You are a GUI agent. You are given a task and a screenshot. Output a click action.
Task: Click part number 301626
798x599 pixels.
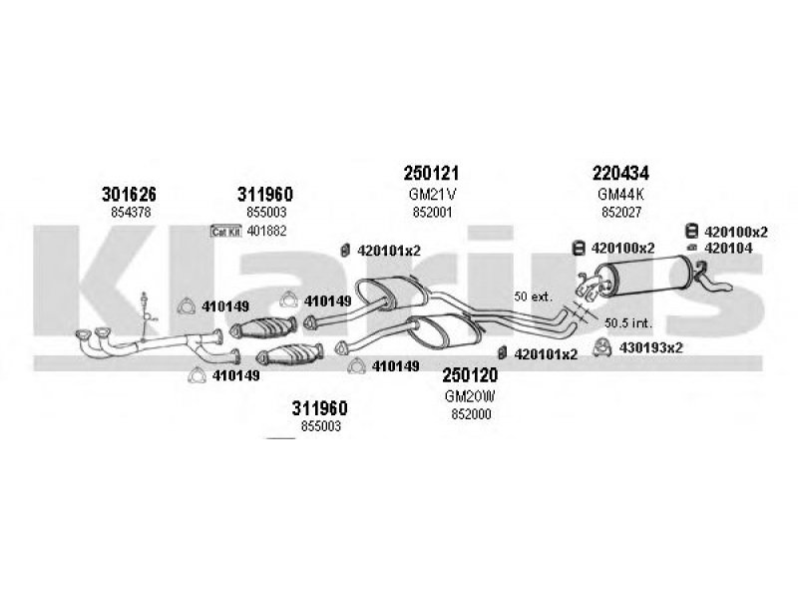point(129,194)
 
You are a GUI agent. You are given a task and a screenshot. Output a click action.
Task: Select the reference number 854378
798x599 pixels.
point(131,212)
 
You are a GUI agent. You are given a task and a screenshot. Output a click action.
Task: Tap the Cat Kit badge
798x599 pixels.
point(226,232)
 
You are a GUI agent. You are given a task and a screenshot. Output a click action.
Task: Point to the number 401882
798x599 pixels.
point(266,232)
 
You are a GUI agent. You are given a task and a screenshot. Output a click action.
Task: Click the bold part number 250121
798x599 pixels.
point(431,173)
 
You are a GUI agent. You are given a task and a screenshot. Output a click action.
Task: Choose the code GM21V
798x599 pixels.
point(432,194)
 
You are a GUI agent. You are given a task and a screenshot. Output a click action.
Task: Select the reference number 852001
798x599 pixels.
point(432,212)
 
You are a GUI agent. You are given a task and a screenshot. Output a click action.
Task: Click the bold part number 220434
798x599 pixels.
point(620,173)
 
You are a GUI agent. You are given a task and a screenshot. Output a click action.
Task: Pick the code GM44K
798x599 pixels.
point(620,194)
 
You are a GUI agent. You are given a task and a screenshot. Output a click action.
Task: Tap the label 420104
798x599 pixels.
point(728,248)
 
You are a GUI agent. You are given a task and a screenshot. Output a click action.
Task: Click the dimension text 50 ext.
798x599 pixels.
point(533,297)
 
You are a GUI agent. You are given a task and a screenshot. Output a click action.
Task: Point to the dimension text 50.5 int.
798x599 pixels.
point(628,322)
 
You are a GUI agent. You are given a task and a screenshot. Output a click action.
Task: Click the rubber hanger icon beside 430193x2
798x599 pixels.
point(603,347)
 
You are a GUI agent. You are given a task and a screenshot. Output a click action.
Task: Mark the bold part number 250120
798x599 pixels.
point(470,375)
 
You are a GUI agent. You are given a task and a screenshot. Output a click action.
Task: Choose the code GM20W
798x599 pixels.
point(470,395)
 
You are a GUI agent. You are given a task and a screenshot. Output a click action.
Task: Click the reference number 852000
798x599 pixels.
point(471,414)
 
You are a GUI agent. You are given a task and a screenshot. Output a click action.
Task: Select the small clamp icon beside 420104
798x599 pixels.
point(692,248)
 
